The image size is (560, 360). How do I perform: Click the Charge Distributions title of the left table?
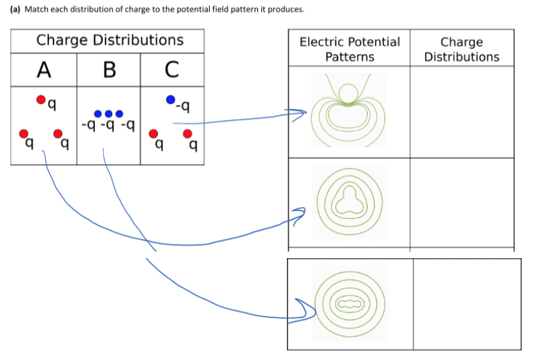(x=110, y=40)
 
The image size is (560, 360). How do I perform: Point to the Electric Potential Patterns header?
(x=349, y=49)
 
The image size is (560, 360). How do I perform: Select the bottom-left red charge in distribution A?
(x=24, y=134)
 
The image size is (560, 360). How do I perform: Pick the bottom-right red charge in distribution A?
(x=57, y=134)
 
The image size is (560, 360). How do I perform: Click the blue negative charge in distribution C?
(x=170, y=99)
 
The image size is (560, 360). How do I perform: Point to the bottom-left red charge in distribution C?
(x=154, y=134)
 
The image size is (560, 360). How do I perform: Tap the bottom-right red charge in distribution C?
(x=188, y=134)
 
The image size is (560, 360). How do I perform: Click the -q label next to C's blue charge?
(x=184, y=105)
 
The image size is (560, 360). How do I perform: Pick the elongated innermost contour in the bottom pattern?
(x=348, y=302)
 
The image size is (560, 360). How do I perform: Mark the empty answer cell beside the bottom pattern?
(x=466, y=303)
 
